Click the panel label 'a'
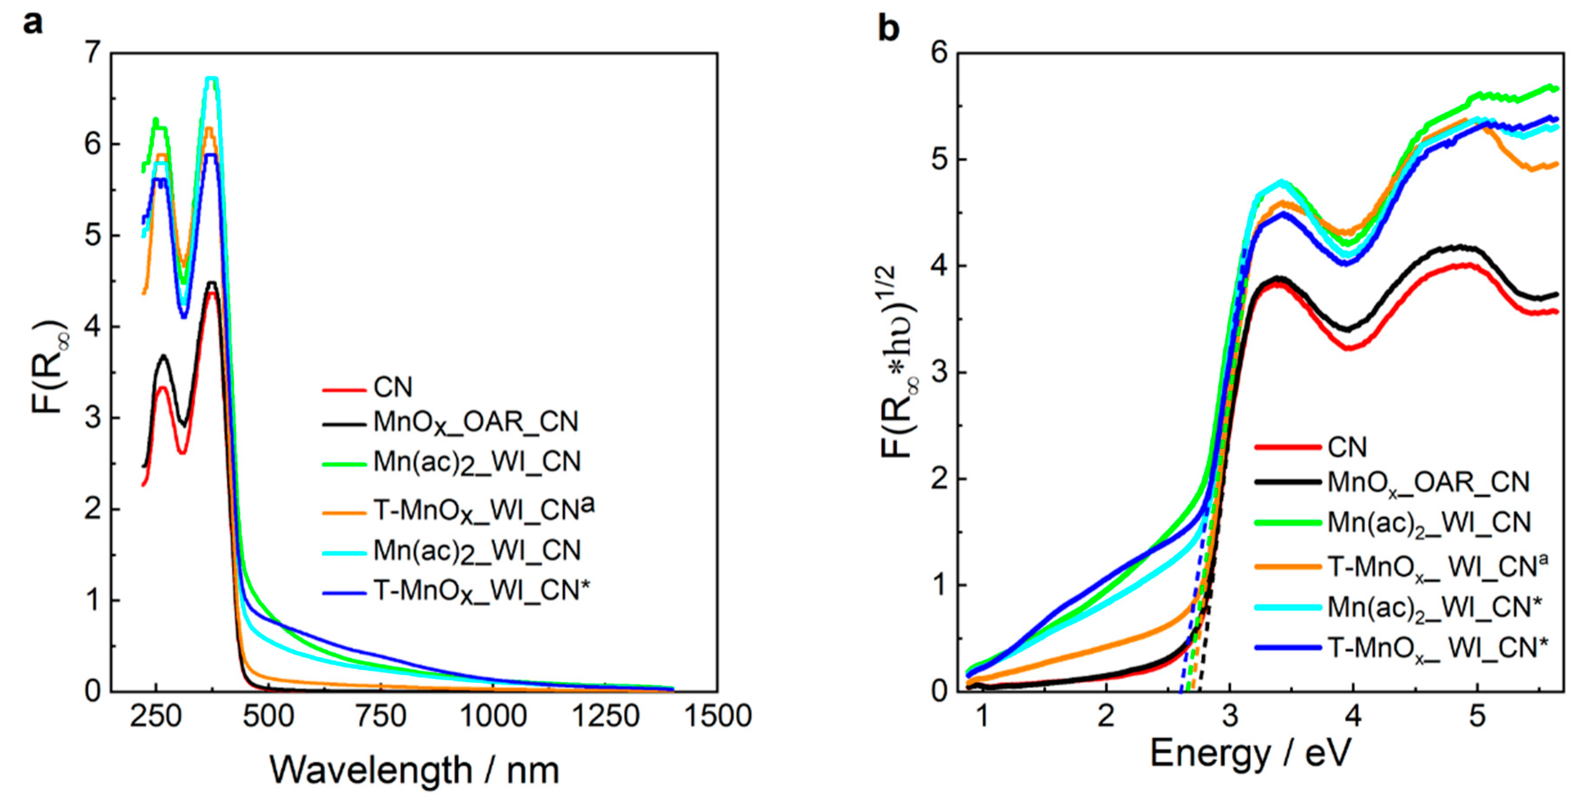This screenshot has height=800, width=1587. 33,24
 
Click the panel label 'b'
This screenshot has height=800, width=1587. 888,29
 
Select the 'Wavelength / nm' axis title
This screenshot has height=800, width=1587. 414,770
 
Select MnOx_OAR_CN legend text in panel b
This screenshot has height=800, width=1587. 1428,482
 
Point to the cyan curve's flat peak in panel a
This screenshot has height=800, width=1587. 212,78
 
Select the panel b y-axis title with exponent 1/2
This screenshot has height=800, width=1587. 897,363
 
